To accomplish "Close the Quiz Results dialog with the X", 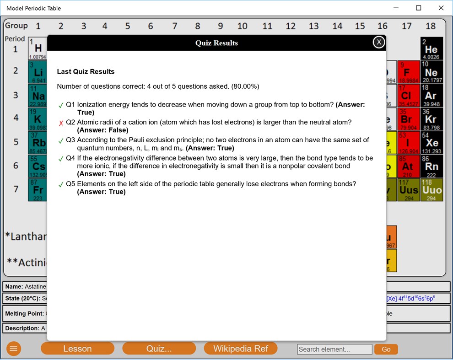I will (379, 42).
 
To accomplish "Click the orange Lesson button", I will (77, 349).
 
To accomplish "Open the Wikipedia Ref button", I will (241, 349).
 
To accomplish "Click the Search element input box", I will (334, 349).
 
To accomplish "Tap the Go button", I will (386, 349).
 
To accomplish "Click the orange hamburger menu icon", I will (14, 349).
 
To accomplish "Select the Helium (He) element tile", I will (431, 49).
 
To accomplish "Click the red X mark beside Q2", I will (61, 123).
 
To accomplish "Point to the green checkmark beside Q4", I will (61, 159).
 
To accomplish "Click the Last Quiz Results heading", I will (86, 72).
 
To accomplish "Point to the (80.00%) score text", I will (245, 86).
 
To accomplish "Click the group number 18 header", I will (431, 26).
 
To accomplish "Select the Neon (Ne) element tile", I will (431, 72).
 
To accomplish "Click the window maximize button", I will (418, 8).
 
